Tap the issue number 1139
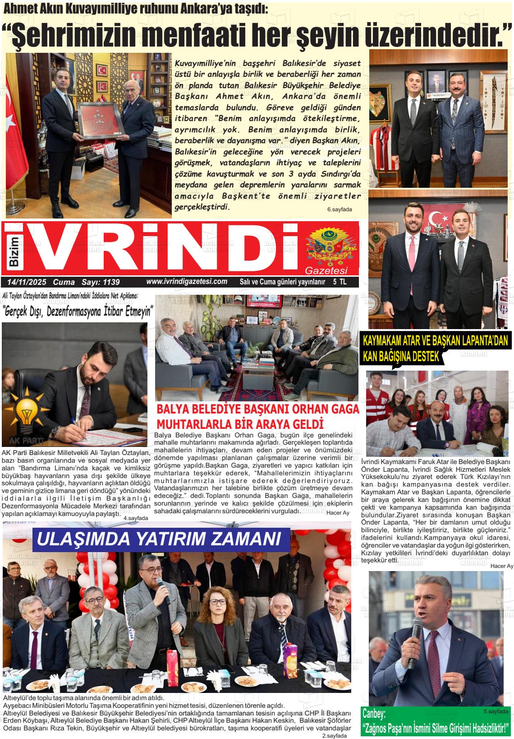point(110,282)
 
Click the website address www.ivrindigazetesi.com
point(187,281)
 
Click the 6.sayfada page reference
point(340,209)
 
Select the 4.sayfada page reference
point(135,518)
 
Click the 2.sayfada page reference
point(334,735)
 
